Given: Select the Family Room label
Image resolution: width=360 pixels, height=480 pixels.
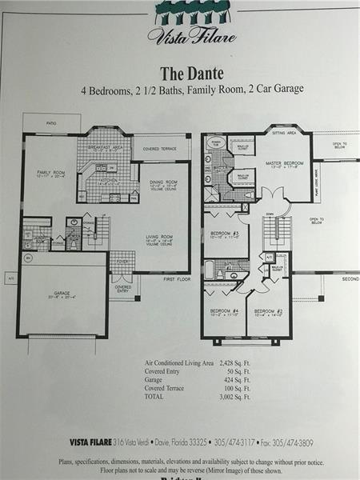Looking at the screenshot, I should tap(50, 172).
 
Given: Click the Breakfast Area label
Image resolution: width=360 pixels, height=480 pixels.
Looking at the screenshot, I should tap(105, 147).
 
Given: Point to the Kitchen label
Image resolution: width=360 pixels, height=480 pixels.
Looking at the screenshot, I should tap(106, 181).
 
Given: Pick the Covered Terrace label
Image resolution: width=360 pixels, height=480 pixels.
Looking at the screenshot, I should tap(161, 149).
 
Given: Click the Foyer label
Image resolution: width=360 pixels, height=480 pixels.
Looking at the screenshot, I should tap(122, 261).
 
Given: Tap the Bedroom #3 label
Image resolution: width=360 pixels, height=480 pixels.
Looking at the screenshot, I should tap(225, 234).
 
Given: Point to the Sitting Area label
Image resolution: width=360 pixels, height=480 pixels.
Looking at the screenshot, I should tap(285, 134).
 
